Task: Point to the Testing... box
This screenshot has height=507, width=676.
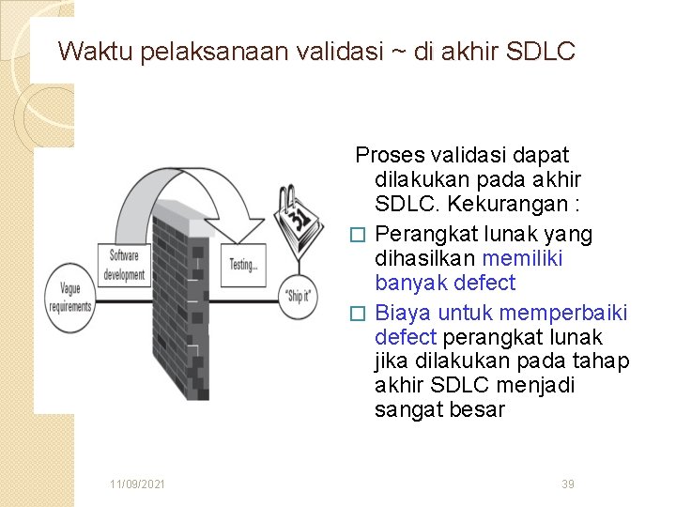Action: point(244,265)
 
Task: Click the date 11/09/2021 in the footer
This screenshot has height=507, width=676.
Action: point(138,484)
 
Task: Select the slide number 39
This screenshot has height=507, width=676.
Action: point(567,484)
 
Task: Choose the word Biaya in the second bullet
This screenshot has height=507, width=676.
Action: point(403,312)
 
